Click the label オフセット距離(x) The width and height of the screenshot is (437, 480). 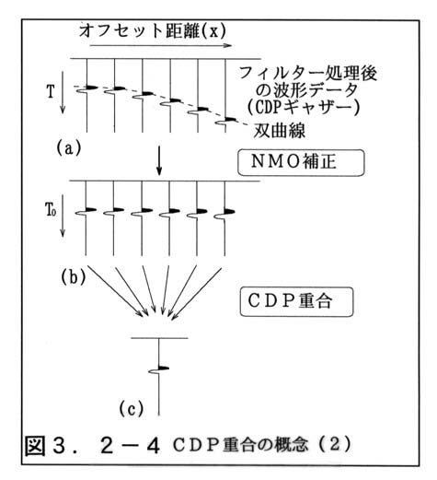point(153,31)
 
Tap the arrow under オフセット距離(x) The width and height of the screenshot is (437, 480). point(160,46)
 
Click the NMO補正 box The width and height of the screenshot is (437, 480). point(301,163)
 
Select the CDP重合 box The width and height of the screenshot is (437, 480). point(296,301)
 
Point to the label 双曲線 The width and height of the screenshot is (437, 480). point(280,132)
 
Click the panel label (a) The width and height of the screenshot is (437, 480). point(69,148)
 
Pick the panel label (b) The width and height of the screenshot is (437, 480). point(73,277)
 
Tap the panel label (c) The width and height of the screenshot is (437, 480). point(132,409)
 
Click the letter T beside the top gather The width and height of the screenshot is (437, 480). point(51,91)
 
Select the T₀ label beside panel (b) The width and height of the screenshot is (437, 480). point(51,211)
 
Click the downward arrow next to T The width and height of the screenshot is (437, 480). point(63,93)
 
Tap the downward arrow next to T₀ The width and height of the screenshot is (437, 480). point(63,216)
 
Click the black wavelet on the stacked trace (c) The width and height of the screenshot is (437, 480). point(164,368)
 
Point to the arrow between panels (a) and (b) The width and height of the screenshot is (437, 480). point(159,160)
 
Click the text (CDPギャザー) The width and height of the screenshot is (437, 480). point(304,108)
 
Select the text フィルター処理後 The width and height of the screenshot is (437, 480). point(308,74)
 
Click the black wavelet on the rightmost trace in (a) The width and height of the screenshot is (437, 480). point(230,120)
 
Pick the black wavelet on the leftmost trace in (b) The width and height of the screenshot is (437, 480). point(91,210)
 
